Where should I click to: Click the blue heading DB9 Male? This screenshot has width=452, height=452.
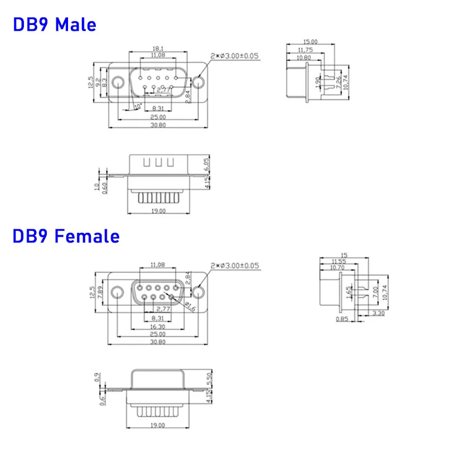[x=54, y=24]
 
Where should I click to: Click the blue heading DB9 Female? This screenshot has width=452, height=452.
[x=66, y=236]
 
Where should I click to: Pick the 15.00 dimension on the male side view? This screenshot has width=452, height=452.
[x=311, y=41]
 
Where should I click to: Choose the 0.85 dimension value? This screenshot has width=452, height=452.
[x=342, y=319]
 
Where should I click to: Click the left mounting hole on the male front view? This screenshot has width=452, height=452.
[x=118, y=82]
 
